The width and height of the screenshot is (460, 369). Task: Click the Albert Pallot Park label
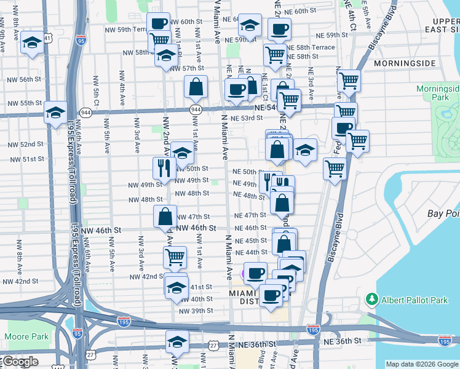coord(414,299)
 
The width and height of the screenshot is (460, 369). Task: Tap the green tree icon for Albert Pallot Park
coord(372,299)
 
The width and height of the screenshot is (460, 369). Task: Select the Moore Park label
coord(26,336)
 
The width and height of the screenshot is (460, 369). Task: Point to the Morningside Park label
coord(437,93)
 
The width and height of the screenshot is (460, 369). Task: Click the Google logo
coord(20,362)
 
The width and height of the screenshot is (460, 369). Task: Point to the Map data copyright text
coord(421,364)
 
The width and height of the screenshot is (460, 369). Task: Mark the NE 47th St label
coord(250,215)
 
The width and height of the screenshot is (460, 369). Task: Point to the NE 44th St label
coord(250,252)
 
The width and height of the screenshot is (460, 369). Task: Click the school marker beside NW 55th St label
coord(56,111)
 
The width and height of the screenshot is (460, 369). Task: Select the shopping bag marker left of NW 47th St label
coord(165,216)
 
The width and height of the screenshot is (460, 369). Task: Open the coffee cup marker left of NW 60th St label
coord(159,23)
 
